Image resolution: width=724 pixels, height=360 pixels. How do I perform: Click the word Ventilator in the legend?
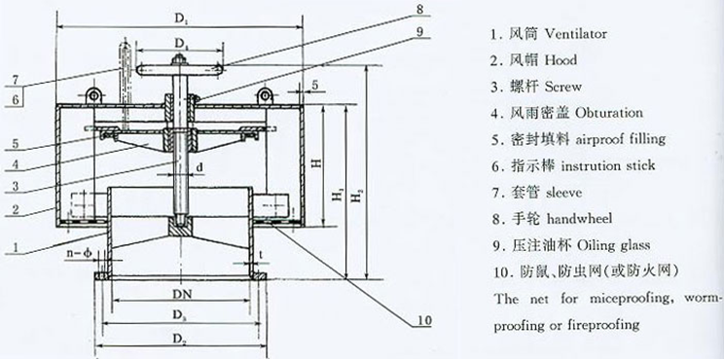[576, 34]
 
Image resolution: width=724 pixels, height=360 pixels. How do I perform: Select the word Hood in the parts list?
[561, 60]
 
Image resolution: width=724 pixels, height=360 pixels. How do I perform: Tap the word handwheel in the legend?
[579, 218]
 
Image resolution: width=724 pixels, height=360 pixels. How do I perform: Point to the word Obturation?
[609, 113]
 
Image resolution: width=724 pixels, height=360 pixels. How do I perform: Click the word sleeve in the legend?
[563, 192]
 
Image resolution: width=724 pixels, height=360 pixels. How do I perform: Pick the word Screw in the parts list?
[563, 87]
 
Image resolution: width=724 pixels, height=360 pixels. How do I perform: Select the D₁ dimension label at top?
[180, 18]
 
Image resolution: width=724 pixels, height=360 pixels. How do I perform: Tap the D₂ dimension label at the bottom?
[179, 339]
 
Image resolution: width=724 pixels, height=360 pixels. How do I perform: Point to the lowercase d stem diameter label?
[199, 168]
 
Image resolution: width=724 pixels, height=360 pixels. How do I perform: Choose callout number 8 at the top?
[419, 8]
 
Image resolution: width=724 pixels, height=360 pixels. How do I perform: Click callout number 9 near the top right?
[419, 31]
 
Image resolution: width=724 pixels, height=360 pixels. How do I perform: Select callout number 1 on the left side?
[16, 247]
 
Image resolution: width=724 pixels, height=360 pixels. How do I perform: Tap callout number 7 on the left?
[16, 80]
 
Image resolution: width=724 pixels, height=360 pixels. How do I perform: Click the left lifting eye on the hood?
[93, 95]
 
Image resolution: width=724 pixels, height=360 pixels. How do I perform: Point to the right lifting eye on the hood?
[265, 95]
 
